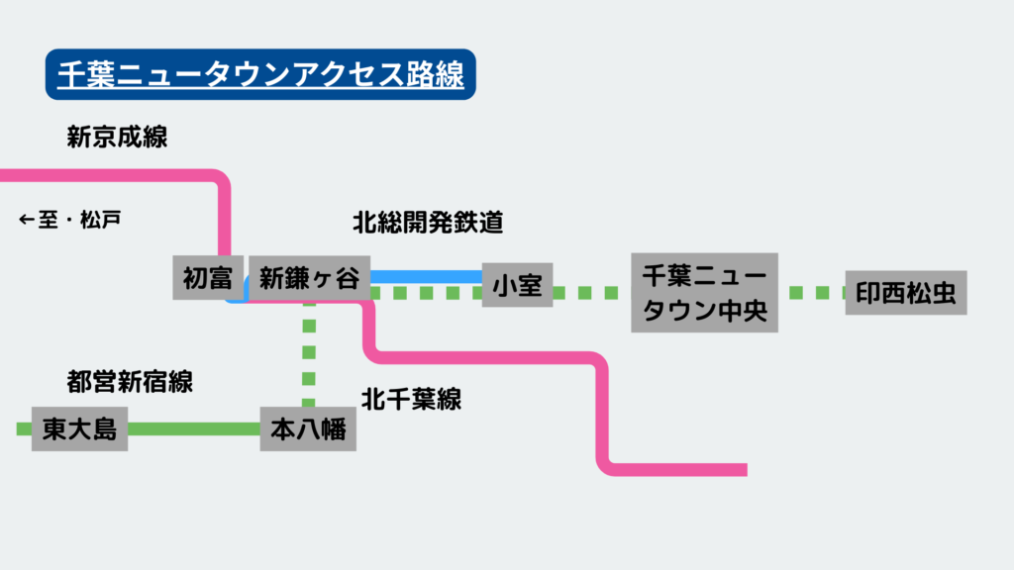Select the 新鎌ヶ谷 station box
pos(309,279)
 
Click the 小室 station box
pos(517,286)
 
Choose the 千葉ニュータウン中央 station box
pos(704,292)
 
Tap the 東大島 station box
pos(79,428)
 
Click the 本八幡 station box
pos(308,429)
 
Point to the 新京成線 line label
pos(118,137)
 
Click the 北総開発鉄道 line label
pos(429,223)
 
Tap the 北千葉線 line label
pos(411,400)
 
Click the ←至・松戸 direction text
pos(70,219)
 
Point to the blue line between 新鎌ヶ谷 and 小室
pos(426,276)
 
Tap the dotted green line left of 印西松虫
pos(817,293)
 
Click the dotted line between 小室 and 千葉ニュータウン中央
pos(590,293)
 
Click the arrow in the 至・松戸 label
pos(27,219)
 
